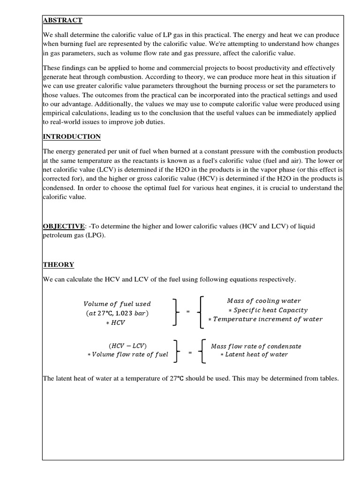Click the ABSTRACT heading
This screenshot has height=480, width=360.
coord(63,20)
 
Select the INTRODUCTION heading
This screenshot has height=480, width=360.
coord(72,137)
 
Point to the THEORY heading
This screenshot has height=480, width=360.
coord(59,265)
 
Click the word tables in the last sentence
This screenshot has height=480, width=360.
coord(327,378)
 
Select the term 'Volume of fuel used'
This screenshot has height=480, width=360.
coord(117,304)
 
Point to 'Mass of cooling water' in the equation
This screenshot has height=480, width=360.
coord(264,300)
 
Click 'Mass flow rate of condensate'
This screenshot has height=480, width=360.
coord(256,346)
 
